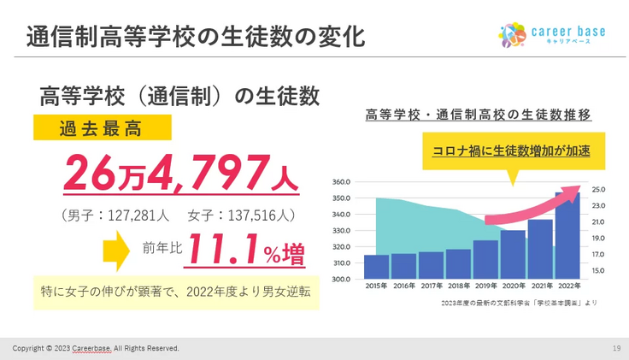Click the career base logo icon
pyautogui.click(x=512, y=34)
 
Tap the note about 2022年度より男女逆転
pyautogui.click(x=175, y=291)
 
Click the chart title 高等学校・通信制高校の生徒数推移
pyautogui.click(x=478, y=114)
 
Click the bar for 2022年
pyautogui.click(x=567, y=236)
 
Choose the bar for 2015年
pyautogui.click(x=377, y=267)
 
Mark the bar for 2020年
pyautogui.click(x=513, y=254)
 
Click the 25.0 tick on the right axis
pyautogui.click(x=597, y=190)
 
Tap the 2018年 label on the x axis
pyautogui.click(x=458, y=286)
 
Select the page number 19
pyautogui.click(x=616, y=348)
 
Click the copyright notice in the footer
pyautogui.click(x=96, y=348)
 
